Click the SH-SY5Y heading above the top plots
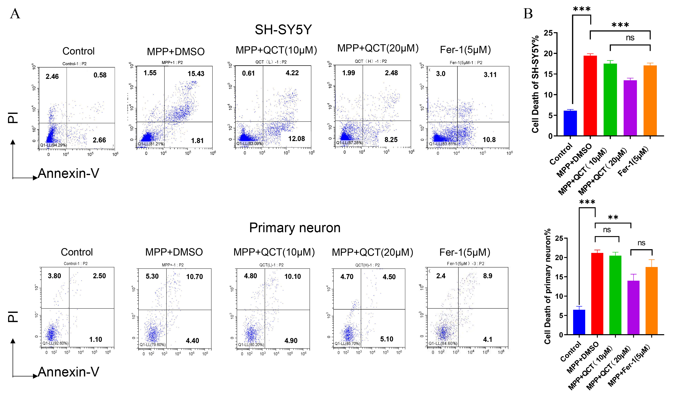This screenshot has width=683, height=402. (283, 30)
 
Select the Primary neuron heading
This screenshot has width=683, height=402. (295, 228)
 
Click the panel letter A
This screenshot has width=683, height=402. (15, 13)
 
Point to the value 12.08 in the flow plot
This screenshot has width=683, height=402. (296, 139)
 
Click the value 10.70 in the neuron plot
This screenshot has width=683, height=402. (194, 277)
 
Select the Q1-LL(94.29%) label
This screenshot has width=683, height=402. (53, 145)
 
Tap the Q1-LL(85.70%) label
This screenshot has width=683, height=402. (347, 344)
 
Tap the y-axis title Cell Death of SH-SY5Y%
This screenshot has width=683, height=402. (535, 84)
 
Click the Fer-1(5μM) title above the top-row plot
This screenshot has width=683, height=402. (465, 50)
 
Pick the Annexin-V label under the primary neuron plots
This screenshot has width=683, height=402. (69, 372)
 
